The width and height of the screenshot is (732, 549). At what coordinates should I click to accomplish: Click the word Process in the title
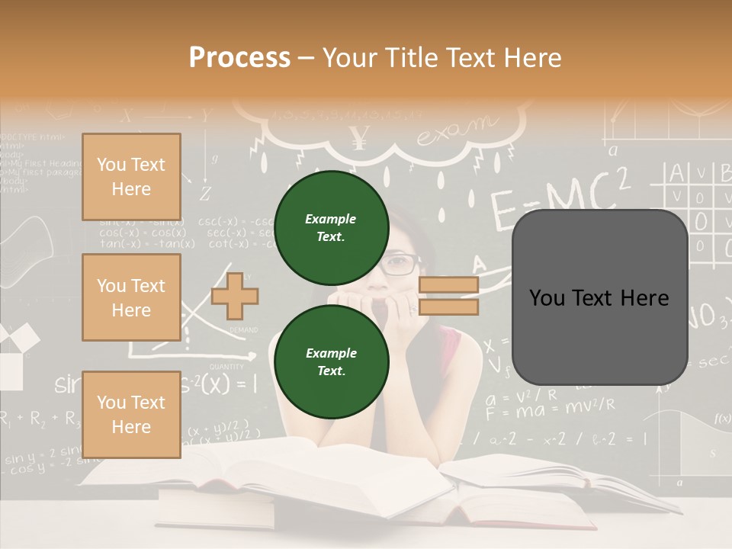[x=239, y=58]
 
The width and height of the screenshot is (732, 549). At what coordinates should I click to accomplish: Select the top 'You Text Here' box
[x=131, y=177]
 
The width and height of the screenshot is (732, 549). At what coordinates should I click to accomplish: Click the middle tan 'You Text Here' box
[x=131, y=297]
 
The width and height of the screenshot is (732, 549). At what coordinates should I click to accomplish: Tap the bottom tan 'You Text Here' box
[x=131, y=415]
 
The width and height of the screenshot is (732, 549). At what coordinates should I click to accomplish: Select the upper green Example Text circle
[x=331, y=227]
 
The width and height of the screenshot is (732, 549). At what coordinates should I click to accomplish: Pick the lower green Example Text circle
[x=331, y=361]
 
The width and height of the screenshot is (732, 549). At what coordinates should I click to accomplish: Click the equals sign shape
[x=448, y=296]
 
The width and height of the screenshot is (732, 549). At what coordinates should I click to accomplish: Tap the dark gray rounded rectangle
[x=599, y=297]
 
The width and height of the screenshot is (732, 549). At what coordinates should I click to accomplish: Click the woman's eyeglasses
[x=400, y=265]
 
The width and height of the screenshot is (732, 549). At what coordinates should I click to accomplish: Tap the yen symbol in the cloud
[x=358, y=137]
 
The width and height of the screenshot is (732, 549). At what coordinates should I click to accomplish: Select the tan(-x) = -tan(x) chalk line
[x=147, y=244]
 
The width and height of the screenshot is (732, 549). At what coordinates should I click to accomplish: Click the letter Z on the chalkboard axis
[x=205, y=192]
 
